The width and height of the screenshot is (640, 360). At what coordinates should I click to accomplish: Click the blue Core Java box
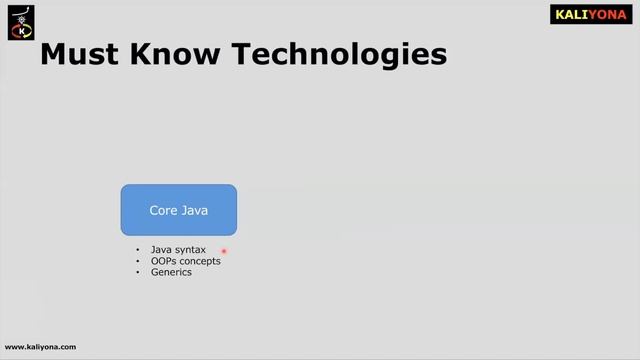[179, 210]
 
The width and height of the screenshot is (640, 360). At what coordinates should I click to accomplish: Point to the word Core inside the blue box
[165, 211]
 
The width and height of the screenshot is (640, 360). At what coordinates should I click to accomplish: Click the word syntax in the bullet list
[190, 250]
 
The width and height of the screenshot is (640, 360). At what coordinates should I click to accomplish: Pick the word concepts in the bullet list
[200, 261]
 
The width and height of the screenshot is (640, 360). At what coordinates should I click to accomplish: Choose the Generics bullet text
[171, 272]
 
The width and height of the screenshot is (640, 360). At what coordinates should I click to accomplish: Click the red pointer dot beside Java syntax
[224, 252]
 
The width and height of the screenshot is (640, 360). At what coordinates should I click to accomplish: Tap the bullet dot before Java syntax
[139, 250]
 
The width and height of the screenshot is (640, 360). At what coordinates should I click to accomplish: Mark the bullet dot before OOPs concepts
[139, 261]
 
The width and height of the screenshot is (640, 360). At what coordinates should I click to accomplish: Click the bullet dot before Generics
[139, 272]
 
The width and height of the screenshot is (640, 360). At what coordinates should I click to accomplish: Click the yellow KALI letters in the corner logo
[573, 15]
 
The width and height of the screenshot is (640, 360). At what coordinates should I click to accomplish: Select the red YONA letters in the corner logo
[609, 15]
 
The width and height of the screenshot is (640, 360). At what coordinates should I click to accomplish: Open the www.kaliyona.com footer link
[40, 347]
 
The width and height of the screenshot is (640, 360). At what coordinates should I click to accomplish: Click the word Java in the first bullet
[161, 250]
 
